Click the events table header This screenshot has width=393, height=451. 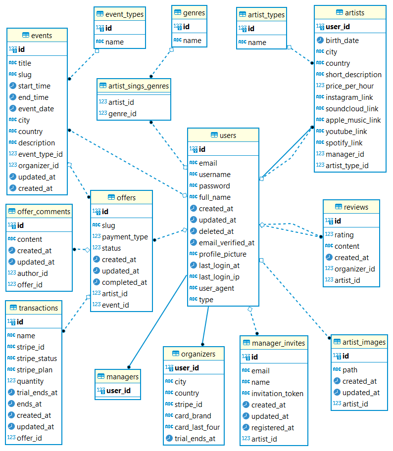pos(37,35)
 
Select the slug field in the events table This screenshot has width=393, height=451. pos(25,75)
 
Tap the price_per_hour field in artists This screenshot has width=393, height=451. pos(349,86)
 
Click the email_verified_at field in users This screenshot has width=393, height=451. pos(226,243)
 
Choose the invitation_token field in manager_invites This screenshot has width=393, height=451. pos(277,394)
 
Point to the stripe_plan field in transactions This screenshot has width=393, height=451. pos(34,370)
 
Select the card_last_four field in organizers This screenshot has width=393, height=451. pos(197,427)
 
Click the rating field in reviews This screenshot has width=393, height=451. pos(344,235)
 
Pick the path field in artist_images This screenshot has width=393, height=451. pos(349,370)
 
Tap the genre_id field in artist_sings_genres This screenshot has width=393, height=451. pos(122,114)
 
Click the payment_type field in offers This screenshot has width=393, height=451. pos(125,237)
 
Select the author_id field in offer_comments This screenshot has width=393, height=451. pos(32,273)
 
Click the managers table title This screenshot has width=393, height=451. pos(122,377)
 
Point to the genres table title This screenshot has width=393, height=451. pos(194,12)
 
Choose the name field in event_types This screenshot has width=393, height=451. pos(114,42)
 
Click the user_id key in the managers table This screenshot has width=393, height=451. pos(118,391)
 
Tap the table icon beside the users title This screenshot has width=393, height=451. pos(214,135)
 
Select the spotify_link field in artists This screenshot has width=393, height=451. pos(344,143)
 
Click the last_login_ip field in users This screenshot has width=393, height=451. pos(219,277)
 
